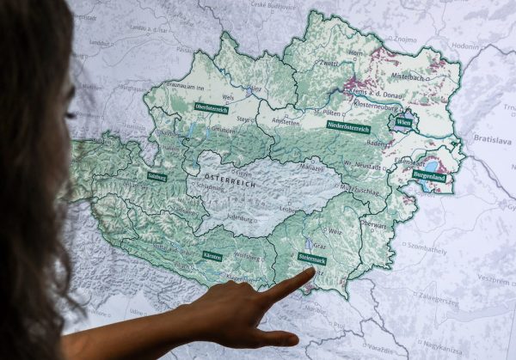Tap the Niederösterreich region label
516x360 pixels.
tap(348, 128)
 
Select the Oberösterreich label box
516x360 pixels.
tap(210, 107)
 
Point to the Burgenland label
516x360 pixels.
tap(429, 174)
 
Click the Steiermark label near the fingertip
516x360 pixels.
tap(311, 258)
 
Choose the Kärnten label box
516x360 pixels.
tap(212, 256)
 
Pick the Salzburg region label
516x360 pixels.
tap(157, 176)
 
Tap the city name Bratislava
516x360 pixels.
tap(492, 140)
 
